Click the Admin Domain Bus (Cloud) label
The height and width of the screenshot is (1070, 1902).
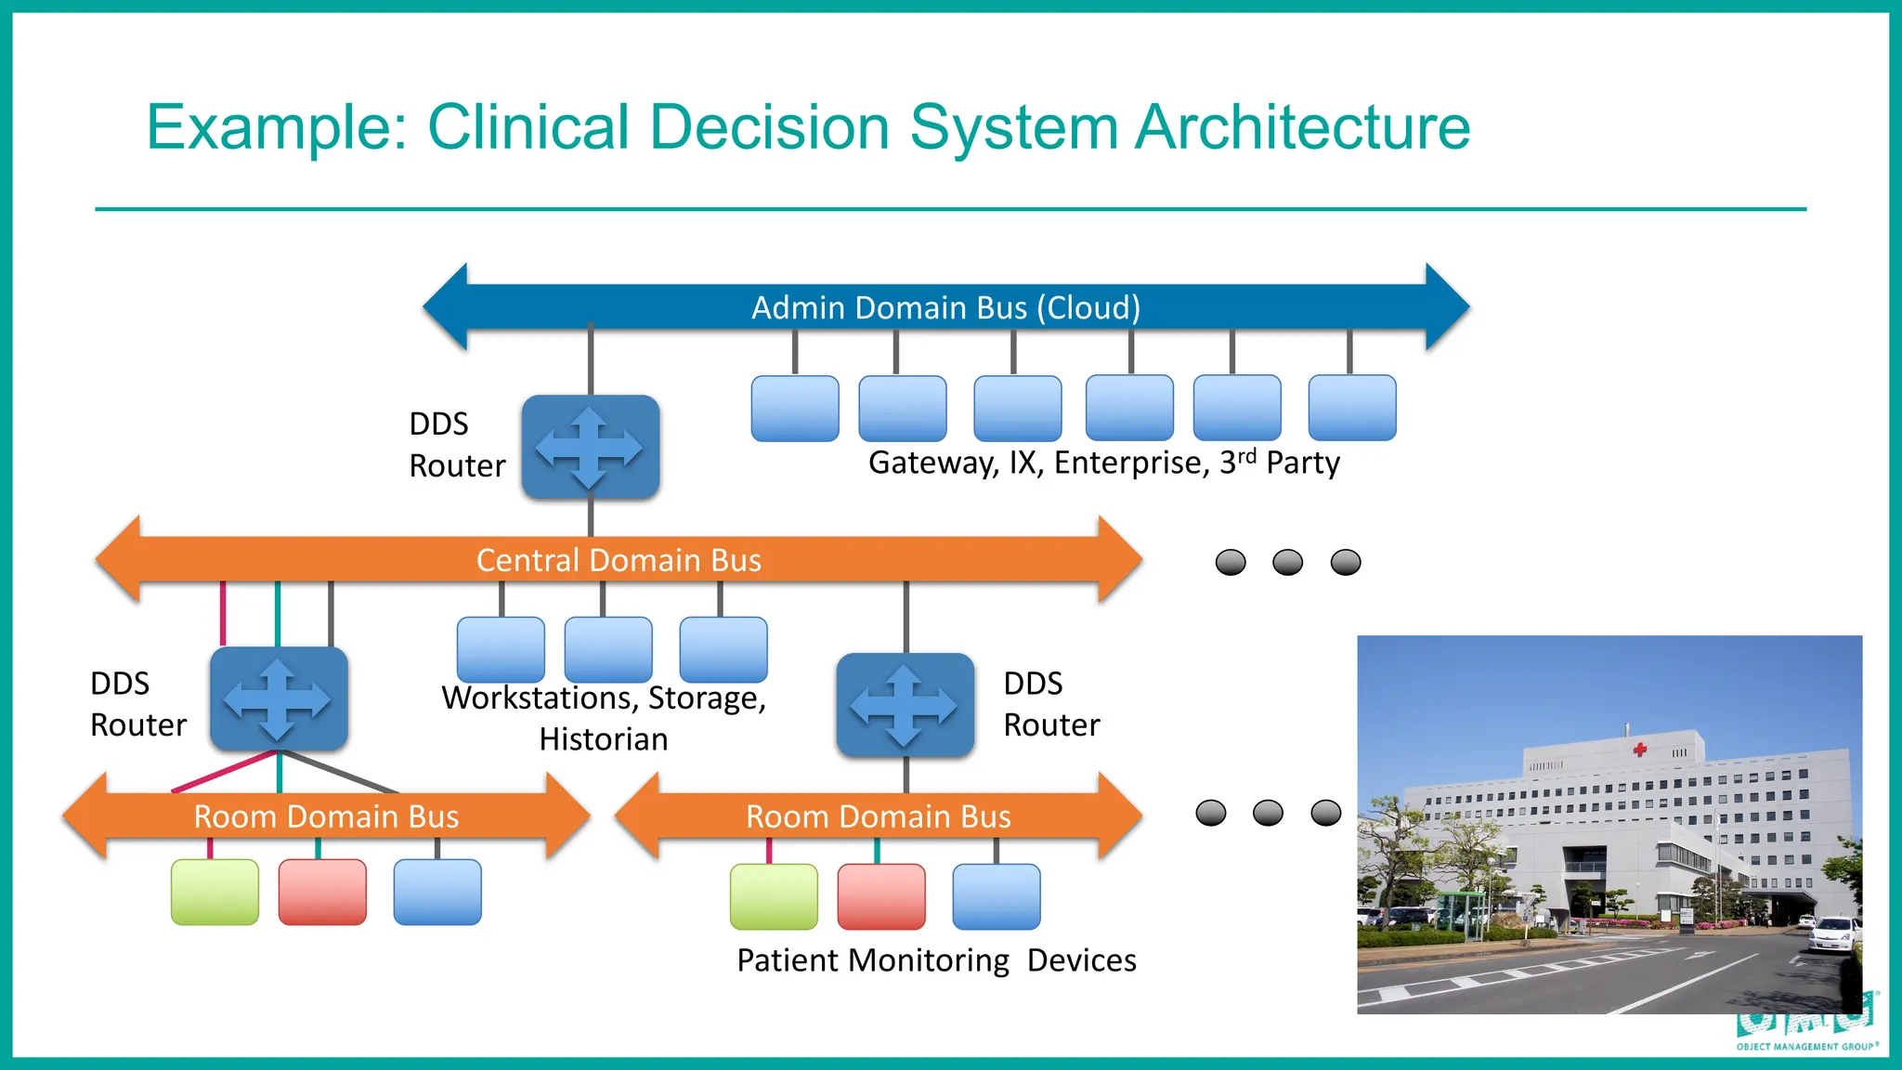click(945, 307)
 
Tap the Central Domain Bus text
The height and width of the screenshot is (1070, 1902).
click(619, 560)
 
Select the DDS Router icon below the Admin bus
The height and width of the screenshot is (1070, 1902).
click(591, 448)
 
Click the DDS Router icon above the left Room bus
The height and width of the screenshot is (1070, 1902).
click(279, 699)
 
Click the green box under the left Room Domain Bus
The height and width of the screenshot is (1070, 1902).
click(215, 892)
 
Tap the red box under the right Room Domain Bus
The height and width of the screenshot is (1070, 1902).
click(881, 896)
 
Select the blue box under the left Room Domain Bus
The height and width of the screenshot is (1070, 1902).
click(437, 892)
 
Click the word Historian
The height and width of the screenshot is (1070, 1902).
click(604, 739)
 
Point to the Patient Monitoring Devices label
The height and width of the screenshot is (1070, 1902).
click(936, 960)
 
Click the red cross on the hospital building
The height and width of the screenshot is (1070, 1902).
click(1640, 750)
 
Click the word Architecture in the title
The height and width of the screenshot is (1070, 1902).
click(1302, 126)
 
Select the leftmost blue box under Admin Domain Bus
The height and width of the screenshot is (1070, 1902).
click(795, 408)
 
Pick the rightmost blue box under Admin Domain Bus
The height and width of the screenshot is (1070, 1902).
click(1351, 408)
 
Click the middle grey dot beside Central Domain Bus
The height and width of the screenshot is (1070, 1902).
click(1287, 562)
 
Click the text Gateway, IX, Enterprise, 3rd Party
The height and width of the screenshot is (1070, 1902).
click(1103, 463)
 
